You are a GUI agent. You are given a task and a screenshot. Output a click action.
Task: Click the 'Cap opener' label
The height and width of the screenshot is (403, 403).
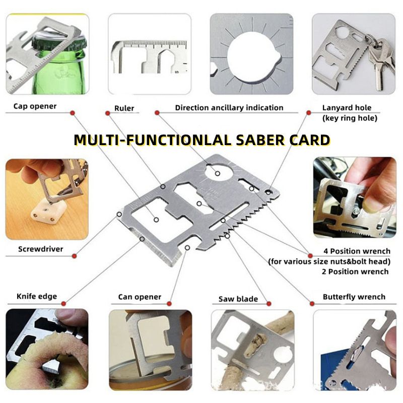[x=35, y=106]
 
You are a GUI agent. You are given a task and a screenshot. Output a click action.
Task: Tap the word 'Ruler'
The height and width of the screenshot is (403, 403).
[x=124, y=108]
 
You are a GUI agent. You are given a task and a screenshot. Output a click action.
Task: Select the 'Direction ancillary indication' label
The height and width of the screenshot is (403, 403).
[x=229, y=108]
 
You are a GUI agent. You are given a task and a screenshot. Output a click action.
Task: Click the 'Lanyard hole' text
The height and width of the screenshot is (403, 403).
[x=347, y=108]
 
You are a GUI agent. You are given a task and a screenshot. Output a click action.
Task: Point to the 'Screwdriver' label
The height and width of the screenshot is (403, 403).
[x=41, y=249]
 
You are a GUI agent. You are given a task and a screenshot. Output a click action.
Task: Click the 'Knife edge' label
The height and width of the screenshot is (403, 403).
[x=37, y=296]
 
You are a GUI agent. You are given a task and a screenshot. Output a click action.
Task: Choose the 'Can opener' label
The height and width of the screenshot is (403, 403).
[x=140, y=297]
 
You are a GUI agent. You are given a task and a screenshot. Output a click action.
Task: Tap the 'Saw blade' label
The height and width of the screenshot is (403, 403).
[x=238, y=299]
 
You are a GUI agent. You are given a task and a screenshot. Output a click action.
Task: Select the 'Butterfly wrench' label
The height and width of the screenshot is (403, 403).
[x=354, y=297]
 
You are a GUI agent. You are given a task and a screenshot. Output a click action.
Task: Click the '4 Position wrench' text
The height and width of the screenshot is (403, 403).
[x=357, y=251]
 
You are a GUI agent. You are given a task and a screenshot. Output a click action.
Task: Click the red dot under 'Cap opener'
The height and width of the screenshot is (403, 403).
[x=73, y=113]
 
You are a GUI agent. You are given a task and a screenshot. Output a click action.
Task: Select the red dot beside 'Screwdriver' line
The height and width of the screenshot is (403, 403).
[x=74, y=256]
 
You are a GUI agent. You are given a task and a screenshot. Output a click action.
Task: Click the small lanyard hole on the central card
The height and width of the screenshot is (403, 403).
[x=268, y=192]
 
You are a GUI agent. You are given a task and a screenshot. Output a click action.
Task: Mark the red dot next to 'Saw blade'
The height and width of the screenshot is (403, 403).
[x=269, y=304]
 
